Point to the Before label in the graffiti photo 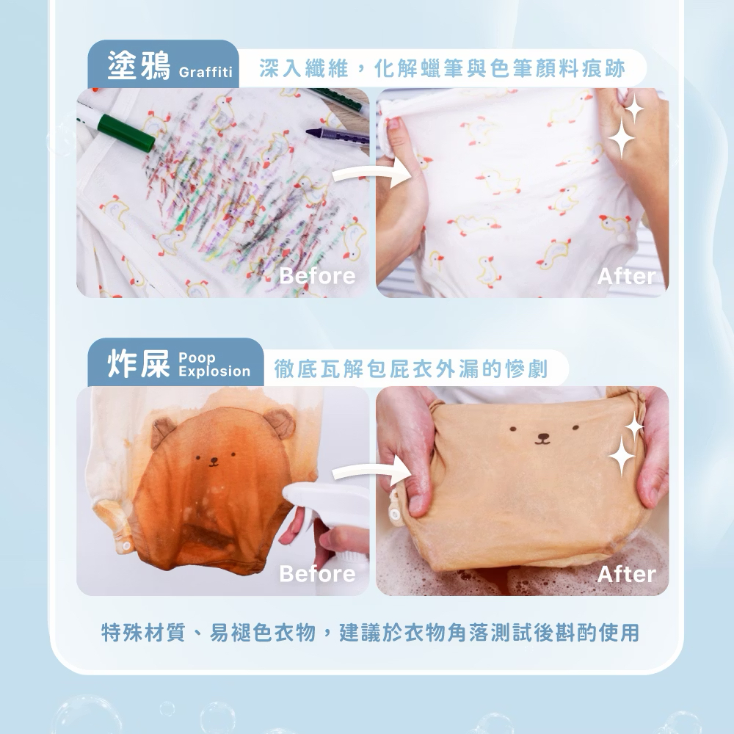click(x=317, y=276)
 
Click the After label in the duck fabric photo click(x=625, y=276)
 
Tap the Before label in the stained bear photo click(x=317, y=573)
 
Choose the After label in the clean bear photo click(x=625, y=573)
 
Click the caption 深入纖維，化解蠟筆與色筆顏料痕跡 click(x=442, y=70)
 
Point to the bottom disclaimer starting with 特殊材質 click(x=370, y=632)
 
